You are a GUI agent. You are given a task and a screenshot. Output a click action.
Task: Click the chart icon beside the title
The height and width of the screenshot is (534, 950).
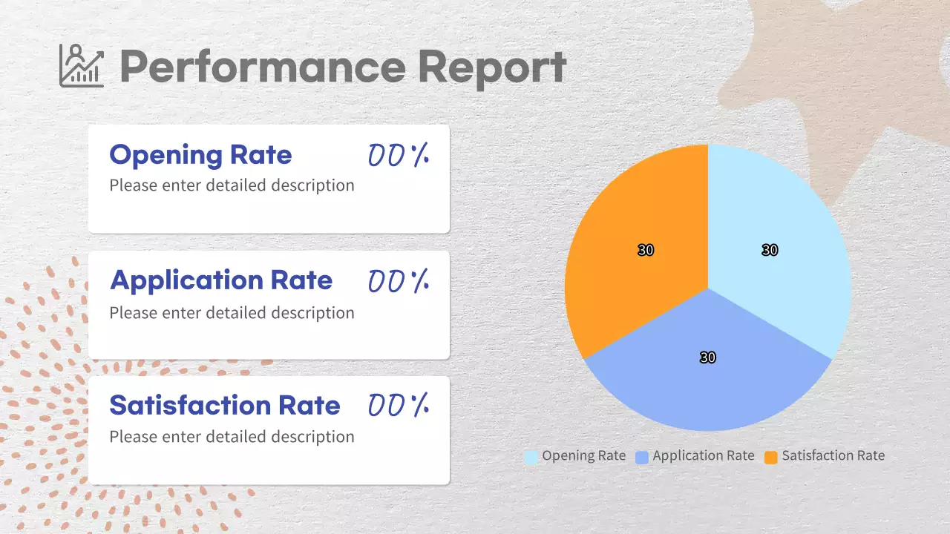tap(82, 65)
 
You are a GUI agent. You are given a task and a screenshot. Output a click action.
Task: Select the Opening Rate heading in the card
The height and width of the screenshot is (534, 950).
tap(200, 155)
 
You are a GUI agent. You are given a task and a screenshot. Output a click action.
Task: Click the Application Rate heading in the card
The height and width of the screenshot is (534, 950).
tap(221, 280)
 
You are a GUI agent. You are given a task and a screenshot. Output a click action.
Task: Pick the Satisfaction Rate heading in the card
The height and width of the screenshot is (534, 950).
tap(224, 405)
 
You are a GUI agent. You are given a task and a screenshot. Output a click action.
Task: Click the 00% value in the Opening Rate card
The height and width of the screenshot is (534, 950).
tap(399, 155)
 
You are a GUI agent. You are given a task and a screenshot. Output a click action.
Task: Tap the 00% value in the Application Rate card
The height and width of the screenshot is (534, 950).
tap(399, 280)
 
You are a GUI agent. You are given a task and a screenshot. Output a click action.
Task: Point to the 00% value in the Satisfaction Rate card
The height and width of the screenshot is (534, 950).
tap(399, 405)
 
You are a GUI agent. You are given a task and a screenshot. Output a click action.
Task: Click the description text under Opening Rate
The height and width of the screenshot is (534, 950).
tap(232, 185)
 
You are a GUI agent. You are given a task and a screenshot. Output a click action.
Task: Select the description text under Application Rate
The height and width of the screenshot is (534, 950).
tap(232, 313)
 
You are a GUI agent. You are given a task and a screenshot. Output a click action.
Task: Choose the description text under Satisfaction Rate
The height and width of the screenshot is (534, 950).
tap(232, 437)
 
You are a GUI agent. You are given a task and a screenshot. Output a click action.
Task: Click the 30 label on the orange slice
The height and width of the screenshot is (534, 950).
tap(646, 251)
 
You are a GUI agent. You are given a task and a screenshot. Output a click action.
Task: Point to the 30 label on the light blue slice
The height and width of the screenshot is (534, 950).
tap(770, 251)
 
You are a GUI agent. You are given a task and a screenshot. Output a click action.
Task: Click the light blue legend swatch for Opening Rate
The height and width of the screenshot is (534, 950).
tap(531, 457)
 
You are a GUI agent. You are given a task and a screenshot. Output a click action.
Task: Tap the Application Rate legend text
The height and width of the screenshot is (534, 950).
tap(703, 456)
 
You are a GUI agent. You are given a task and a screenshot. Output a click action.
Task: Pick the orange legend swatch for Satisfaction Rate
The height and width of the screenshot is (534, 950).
tap(771, 457)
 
